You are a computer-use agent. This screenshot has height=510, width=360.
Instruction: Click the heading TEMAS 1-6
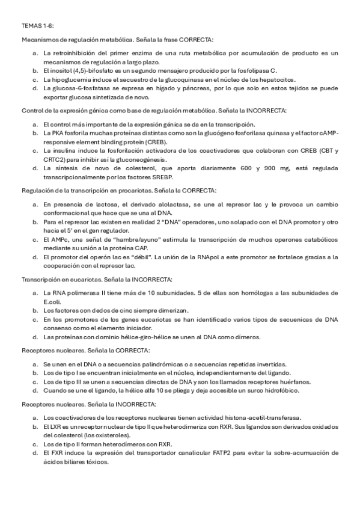38,26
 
